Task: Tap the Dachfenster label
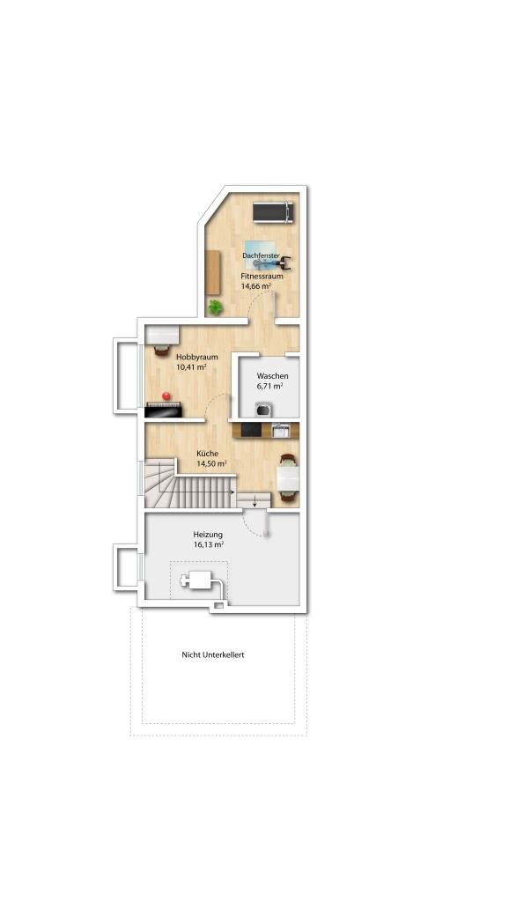tap(262, 255)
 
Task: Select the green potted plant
tap(215, 307)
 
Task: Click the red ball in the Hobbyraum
tap(166, 396)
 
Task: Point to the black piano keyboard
tap(163, 410)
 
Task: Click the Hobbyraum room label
tap(196, 357)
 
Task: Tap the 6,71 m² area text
tap(269, 386)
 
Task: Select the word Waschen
tap(273, 376)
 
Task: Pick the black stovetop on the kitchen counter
tap(251, 430)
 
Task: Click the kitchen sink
tap(281, 430)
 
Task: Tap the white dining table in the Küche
tap(288, 477)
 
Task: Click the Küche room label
tap(207, 454)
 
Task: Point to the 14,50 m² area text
tap(211, 463)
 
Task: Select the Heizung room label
tap(208, 535)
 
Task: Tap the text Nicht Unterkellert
tap(213, 654)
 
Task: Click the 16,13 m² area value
tap(209, 544)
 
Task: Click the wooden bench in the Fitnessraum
tap(213, 273)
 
